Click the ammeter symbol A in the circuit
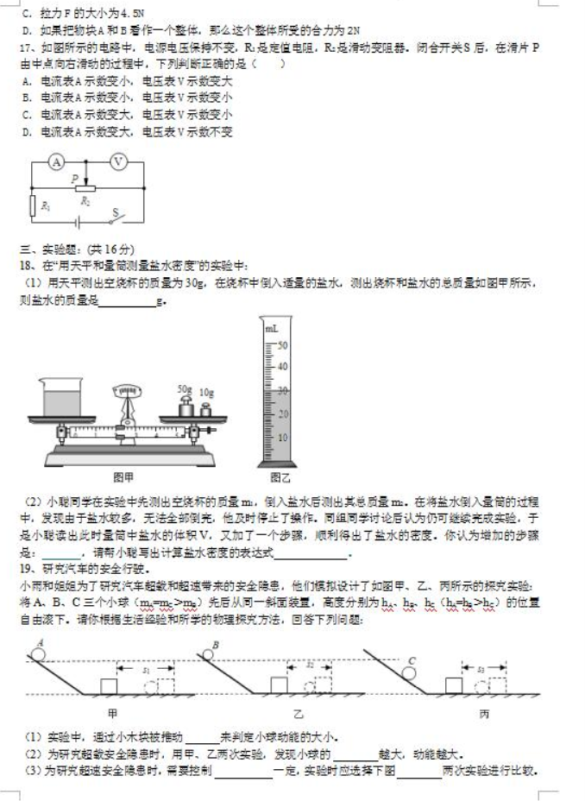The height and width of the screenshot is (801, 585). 55,162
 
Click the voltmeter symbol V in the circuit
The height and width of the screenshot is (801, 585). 120,162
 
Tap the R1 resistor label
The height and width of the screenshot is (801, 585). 33,205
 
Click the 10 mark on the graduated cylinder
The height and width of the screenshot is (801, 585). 281,437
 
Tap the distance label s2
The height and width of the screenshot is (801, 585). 311,665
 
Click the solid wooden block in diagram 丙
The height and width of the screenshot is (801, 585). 452,685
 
